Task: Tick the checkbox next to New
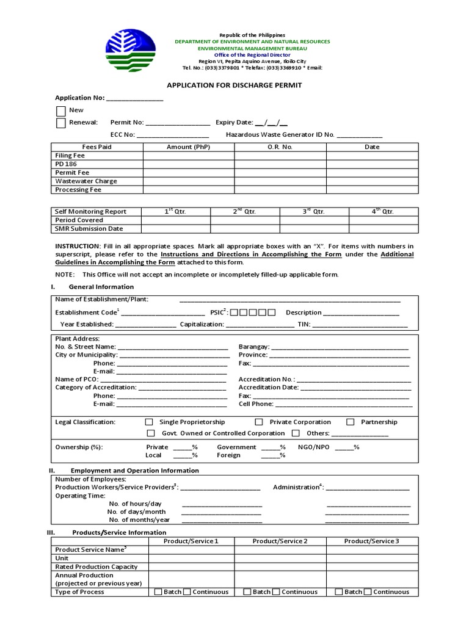(61, 111)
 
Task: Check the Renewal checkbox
(61, 123)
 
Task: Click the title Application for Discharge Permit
(234, 85)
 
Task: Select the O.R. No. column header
(280, 147)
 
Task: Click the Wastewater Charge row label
(86, 181)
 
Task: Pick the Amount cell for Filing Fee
(189, 156)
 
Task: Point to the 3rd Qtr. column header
(314, 212)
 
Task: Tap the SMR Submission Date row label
(89, 229)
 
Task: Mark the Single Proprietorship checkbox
(149, 422)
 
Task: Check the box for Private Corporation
(259, 422)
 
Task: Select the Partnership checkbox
(351, 422)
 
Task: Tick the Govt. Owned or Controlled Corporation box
(151, 433)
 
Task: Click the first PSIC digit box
(235, 313)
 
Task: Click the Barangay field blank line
(340, 347)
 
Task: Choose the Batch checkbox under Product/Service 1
(158, 592)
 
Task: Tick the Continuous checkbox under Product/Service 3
(368, 592)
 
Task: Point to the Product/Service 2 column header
(280, 541)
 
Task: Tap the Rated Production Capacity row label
(96, 567)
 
